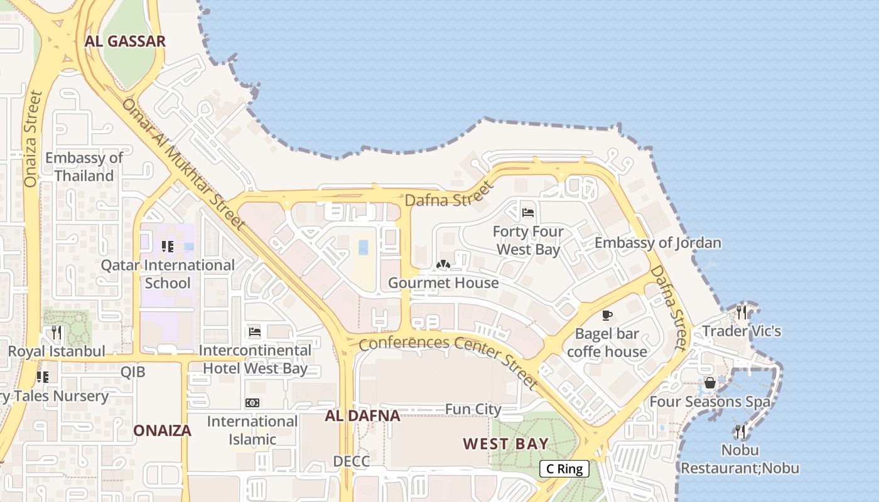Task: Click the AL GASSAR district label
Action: click(x=125, y=41)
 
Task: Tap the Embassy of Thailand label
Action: click(x=84, y=166)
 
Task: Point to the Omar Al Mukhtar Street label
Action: click(x=183, y=163)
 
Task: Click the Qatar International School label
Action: click(x=168, y=274)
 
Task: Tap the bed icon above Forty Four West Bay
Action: click(x=528, y=213)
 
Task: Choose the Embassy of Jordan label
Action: click(x=657, y=243)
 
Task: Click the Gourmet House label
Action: click(x=443, y=282)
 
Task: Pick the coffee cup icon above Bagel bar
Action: click(x=607, y=315)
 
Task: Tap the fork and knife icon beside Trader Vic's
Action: click(x=741, y=312)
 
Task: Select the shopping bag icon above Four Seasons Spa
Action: click(x=710, y=382)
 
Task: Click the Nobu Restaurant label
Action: click(x=740, y=459)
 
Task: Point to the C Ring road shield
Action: click(x=564, y=468)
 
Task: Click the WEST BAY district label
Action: click(x=505, y=444)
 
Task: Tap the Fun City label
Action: click(x=473, y=409)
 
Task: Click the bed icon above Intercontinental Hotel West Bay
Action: click(x=255, y=331)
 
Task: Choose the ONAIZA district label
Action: click(x=162, y=430)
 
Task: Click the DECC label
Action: click(x=351, y=461)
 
